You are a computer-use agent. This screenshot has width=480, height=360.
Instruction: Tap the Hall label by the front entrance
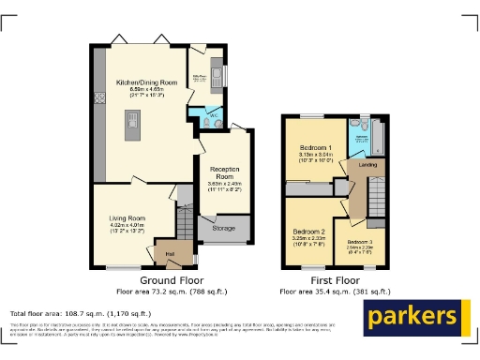point(171,252)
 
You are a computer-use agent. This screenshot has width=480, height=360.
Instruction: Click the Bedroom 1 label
point(316,149)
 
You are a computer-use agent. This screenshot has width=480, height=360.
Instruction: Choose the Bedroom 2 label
point(308,231)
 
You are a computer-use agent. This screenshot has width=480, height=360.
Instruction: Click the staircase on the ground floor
point(184,223)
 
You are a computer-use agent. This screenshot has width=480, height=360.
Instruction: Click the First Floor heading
point(335,280)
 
